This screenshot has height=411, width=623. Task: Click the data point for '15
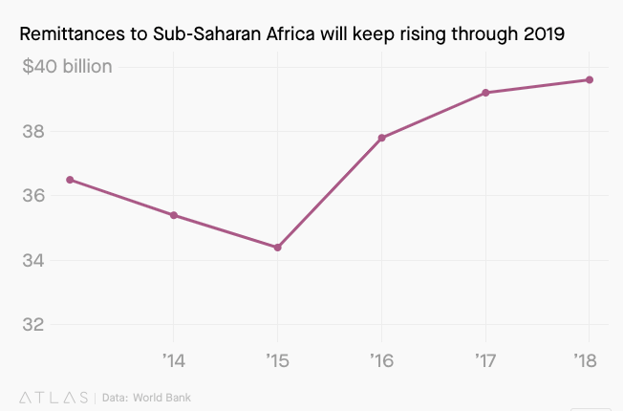pos(277,248)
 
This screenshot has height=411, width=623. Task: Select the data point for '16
pos(382,138)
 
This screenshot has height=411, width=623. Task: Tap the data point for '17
pos(486,93)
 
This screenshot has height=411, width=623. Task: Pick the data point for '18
pos(590,79)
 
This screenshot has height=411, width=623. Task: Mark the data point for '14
pos(173,215)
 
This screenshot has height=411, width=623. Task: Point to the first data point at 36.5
pos(69,180)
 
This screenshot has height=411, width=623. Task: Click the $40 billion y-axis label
pos(66,67)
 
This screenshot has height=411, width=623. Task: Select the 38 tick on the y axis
pos(32,132)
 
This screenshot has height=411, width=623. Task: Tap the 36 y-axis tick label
pos(32,196)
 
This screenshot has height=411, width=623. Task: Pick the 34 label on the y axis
pos(32,260)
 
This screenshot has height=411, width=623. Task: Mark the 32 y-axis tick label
pos(32,325)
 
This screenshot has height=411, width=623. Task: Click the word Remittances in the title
pos(74,35)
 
